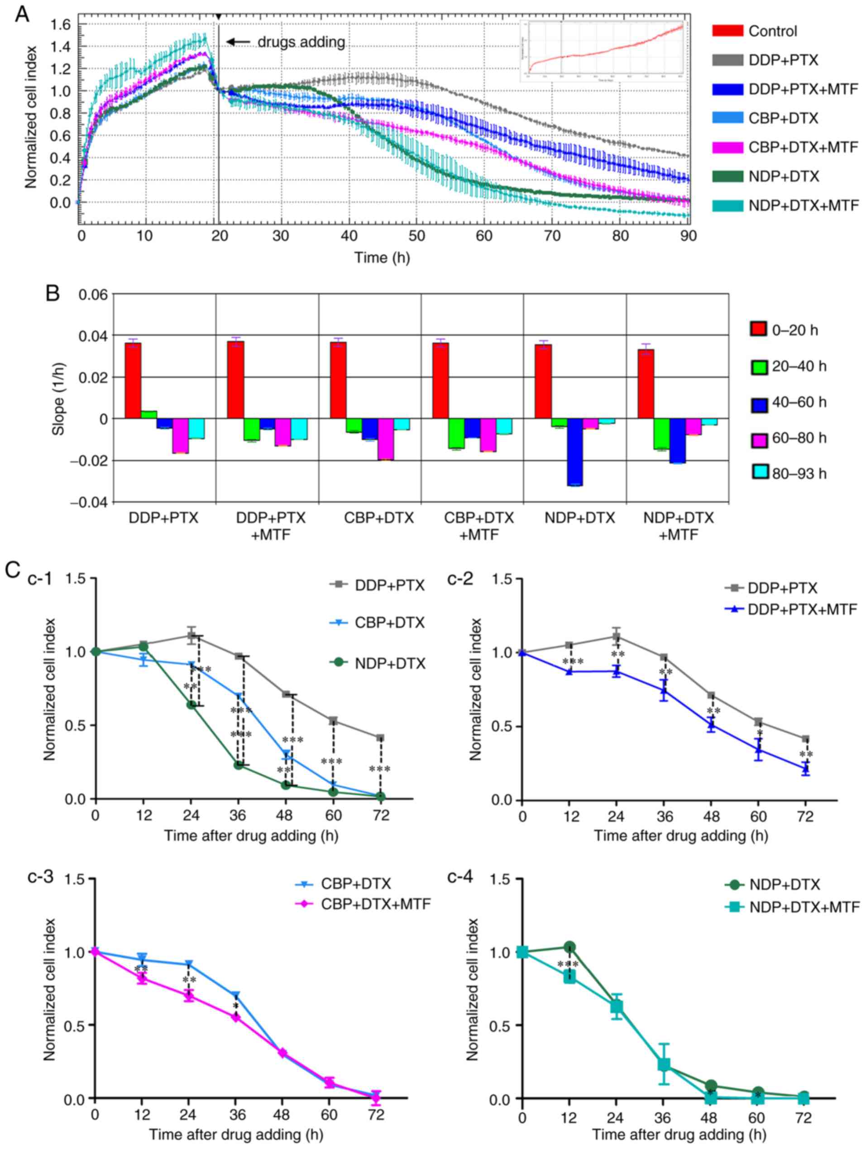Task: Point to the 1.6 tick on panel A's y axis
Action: pos(63,24)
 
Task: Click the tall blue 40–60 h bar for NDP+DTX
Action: pos(574,451)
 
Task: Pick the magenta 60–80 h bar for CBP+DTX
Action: pos(385,439)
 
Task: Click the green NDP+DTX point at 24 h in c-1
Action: pos(191,704)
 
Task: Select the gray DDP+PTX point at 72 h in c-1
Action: pos(381,738)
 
